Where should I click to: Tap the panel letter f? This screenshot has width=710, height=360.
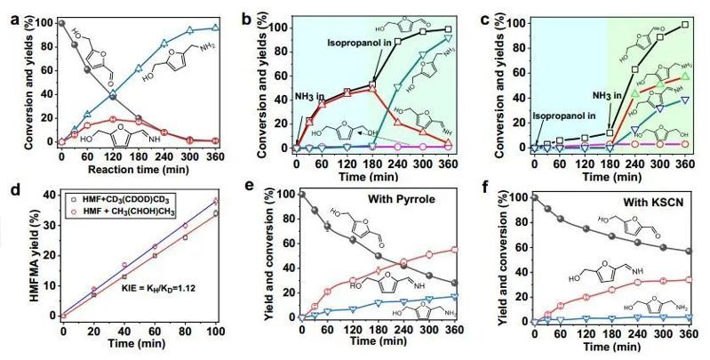tap(483, 189)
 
